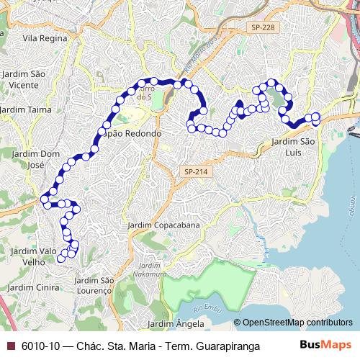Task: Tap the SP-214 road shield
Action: (194, 171)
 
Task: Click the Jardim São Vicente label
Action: (24, 78)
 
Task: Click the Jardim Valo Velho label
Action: (30, 256)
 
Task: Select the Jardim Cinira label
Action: (27, 287)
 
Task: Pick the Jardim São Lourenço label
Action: (95, 284)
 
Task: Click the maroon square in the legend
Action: (9, 346)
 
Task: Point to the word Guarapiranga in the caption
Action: (225, 346)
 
